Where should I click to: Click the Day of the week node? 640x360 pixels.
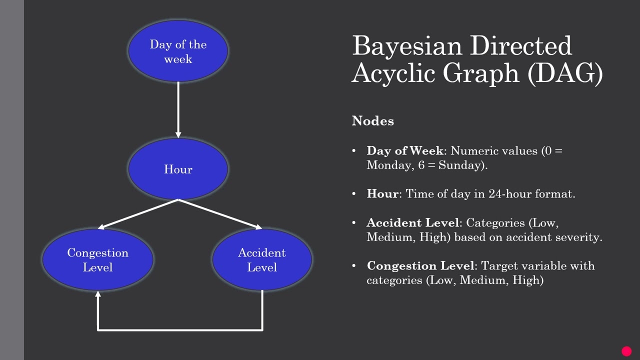pyautogui.click(x=178, y=51)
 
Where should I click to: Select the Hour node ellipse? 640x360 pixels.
pyautogui.click(x=178, y=169)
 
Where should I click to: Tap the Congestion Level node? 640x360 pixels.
pyautogui.click(x=98, y=259)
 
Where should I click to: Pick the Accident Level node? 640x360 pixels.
pyautogui.click(x=262, y=259)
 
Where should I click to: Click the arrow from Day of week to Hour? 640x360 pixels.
pyautogui.click(x=178, y=110)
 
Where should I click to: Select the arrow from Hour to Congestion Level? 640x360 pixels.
pyautogui.click(x=138, y=214)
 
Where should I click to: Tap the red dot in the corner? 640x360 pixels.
pyautogui.click(x=626, y=351)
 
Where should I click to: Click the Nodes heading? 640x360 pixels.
pyautogui.click(x=372, y=121)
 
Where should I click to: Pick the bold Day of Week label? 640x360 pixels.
pyautogui.click(x=404, y=151)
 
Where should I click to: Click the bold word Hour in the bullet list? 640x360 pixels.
pyautogui.click(x=382, y=194)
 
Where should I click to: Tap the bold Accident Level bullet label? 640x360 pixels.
pyautogui.click(x=412, y=222)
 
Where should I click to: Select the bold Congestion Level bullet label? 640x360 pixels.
pyautogui.click(x=420, y=265)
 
